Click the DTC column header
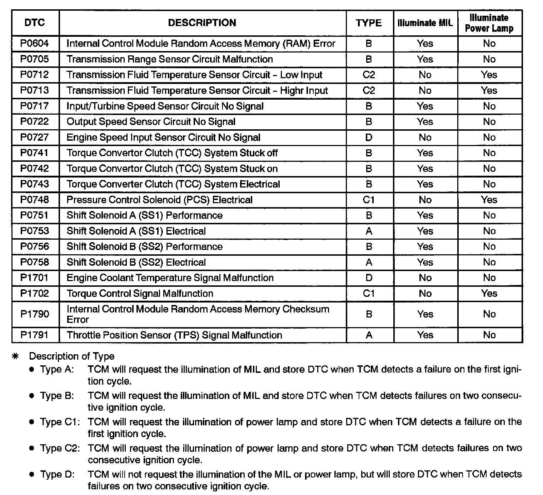35,23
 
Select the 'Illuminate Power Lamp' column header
489,23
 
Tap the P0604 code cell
35,44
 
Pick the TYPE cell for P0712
369,75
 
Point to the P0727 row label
35,137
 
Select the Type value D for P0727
369,137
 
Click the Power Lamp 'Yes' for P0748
489,200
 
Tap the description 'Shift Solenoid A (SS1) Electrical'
136,231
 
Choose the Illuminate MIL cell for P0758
425,262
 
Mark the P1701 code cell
35,278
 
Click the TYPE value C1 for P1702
369,294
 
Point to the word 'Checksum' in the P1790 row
306,309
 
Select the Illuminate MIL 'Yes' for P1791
425,335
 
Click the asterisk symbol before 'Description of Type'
15,356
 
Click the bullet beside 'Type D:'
32,475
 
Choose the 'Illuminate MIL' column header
425,23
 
